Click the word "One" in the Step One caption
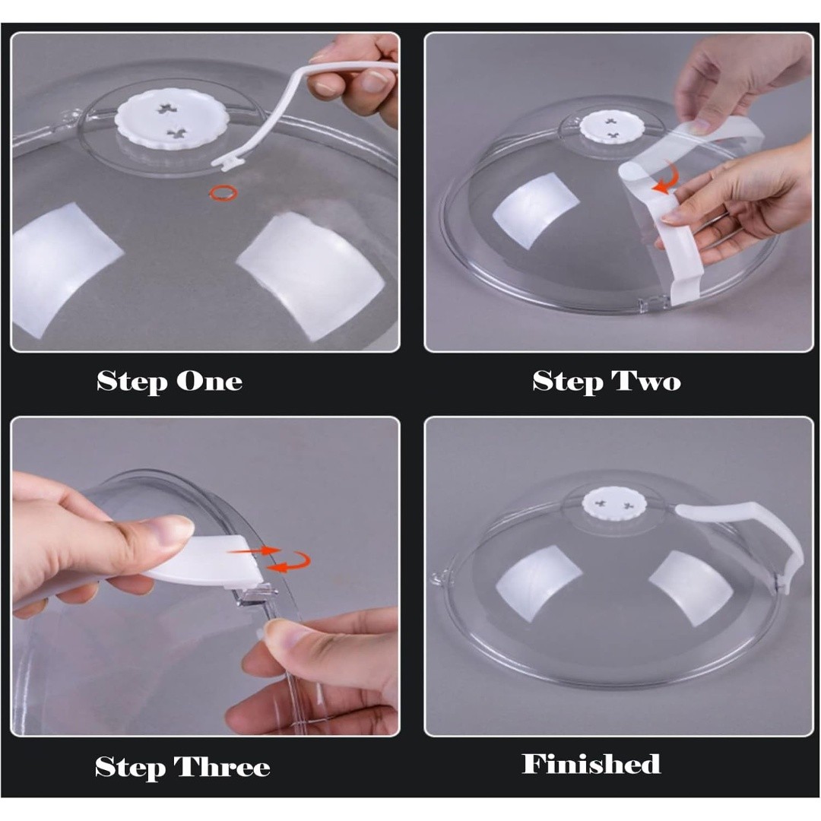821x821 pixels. tap(210, 381)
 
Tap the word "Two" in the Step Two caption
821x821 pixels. tap(646, 381)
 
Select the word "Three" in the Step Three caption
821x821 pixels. tap(222, 767)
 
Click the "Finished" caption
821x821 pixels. tap(591, 764)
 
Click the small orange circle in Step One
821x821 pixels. tap(223, 192)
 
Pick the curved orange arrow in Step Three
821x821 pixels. tap(290, 563)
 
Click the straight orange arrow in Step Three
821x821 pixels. tap(255, 550)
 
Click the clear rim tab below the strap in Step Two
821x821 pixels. tap(649, 303)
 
